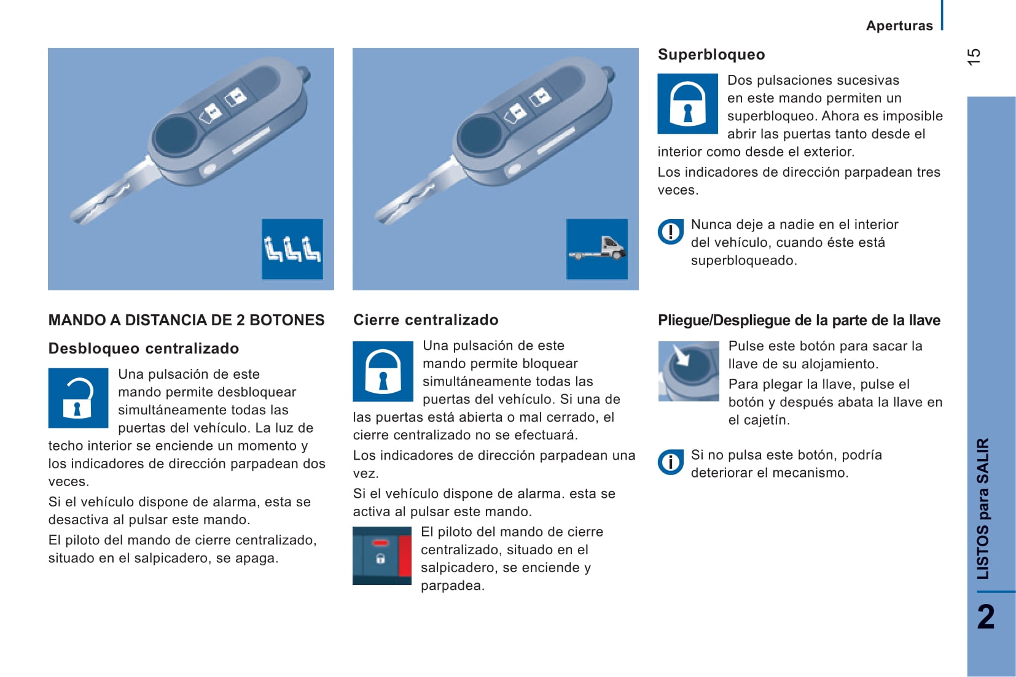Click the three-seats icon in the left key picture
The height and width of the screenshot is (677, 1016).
292,249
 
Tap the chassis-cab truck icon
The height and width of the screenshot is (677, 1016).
597,249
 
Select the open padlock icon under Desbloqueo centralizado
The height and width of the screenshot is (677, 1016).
78,398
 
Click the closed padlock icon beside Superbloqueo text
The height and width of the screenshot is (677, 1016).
687,104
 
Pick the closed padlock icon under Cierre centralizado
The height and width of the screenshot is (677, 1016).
383,371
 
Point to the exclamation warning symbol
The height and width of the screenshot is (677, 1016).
670,232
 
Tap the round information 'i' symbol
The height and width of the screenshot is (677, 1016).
670,462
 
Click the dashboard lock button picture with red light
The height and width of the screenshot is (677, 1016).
381,555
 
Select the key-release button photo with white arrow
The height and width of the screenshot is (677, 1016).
688,371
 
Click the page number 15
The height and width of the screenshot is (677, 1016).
974,56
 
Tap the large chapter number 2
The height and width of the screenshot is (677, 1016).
985,617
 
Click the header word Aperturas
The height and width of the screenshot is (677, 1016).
899,26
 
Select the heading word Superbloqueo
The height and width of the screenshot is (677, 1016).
711,55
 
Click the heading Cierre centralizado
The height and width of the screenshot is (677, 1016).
426,320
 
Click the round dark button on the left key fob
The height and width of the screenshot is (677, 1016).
176,135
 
